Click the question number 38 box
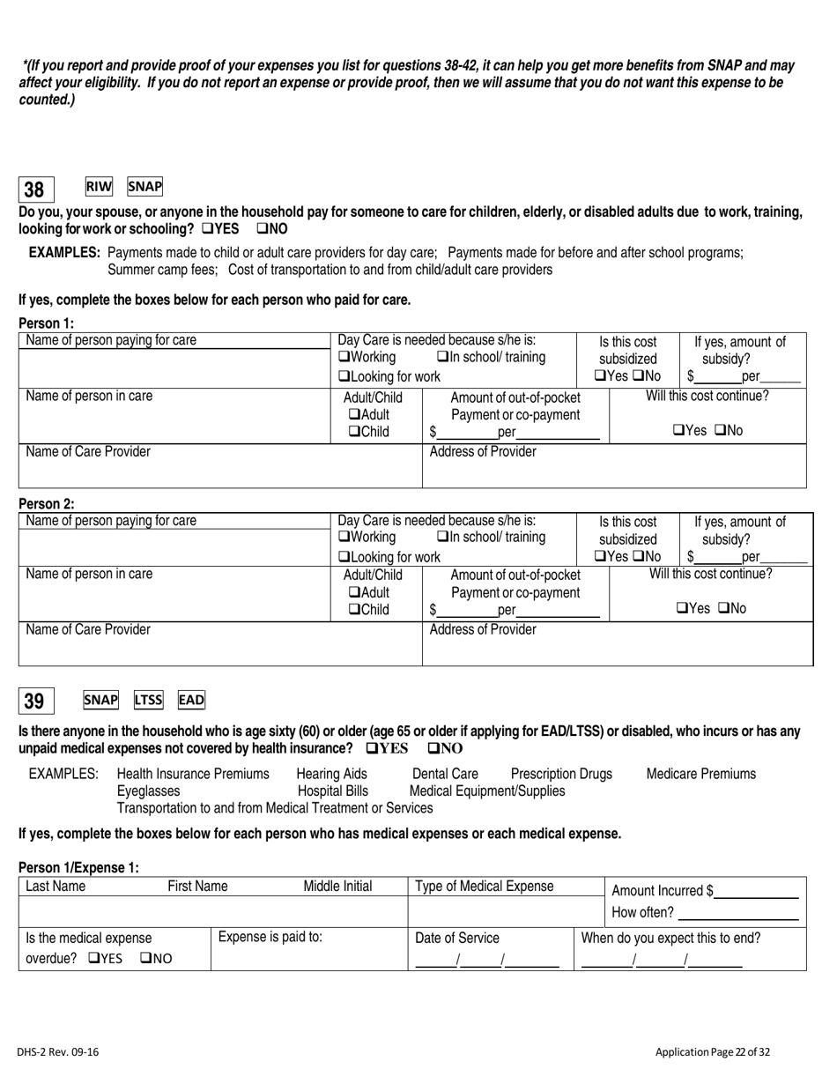point(35,189)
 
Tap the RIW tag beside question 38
point(99,187)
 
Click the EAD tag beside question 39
point(191,700)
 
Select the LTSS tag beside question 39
point(148,700)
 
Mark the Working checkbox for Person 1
point(344,358)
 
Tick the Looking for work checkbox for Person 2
point(344,557)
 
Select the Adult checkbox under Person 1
point(354,414)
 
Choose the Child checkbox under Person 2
point(354,608)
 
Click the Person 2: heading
point(47,504)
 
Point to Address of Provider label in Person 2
point(482,629)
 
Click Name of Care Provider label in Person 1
point(88,452)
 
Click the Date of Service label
point(457,938)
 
